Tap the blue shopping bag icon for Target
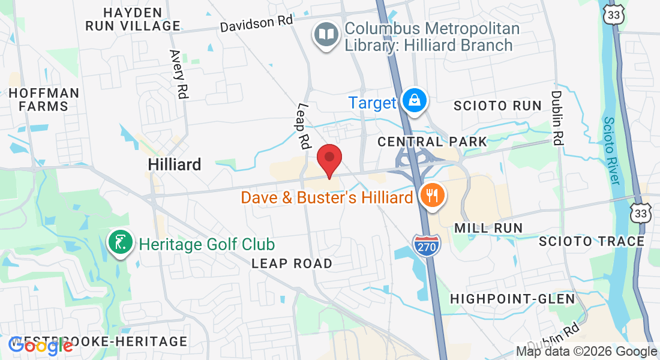click(414, 101)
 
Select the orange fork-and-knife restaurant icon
click(431, 196)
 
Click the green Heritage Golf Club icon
click(120, 243)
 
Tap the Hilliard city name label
click(175, 164)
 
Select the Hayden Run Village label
click(133, 19)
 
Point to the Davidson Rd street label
click(256, 24)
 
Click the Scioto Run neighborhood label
click(497, 106)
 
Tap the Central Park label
click(432, 142)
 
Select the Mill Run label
click(488, 228)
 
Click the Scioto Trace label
click(591, 241)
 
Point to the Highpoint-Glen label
click(512, 298)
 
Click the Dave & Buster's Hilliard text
click(327, 197)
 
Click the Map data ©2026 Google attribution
click(587, 352)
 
